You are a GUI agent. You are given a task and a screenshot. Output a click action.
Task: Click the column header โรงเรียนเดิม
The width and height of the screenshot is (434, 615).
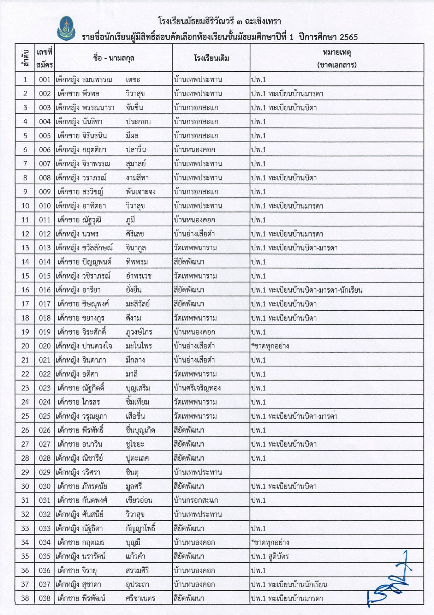tap(211, 58)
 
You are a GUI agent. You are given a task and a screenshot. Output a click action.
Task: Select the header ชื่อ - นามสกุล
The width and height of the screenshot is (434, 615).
tap(114, 58)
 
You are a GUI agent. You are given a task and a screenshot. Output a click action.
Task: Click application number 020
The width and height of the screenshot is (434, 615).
tap(45, 346)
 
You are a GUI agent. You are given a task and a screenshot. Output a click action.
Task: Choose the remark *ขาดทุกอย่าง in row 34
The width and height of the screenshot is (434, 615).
tap(270, 542)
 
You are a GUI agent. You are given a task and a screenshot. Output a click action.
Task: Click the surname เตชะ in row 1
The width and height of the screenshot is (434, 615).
tap(133, 80)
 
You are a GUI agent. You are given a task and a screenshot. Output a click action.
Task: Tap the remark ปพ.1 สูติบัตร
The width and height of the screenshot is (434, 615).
tap(270, 556)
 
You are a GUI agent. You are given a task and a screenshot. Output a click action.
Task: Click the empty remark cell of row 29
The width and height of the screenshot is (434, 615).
tap(337, 472)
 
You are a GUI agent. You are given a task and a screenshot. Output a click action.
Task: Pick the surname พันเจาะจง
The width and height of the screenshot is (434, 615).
tap(141, 192)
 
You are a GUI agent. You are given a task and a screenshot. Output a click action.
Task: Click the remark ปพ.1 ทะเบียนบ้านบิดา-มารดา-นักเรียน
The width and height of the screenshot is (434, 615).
tap(307, 290)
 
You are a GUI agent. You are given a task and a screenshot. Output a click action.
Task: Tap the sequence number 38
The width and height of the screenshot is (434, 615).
tap(25, 598)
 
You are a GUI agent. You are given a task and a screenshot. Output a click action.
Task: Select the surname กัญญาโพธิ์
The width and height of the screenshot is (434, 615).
tap(141, 529)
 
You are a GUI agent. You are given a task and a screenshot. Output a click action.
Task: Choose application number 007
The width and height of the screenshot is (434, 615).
tap(45, 164)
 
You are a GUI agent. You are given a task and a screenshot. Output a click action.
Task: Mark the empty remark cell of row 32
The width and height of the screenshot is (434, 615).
tap(337, 514)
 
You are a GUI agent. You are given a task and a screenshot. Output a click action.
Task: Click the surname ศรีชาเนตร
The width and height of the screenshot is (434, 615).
tap(140, 598)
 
